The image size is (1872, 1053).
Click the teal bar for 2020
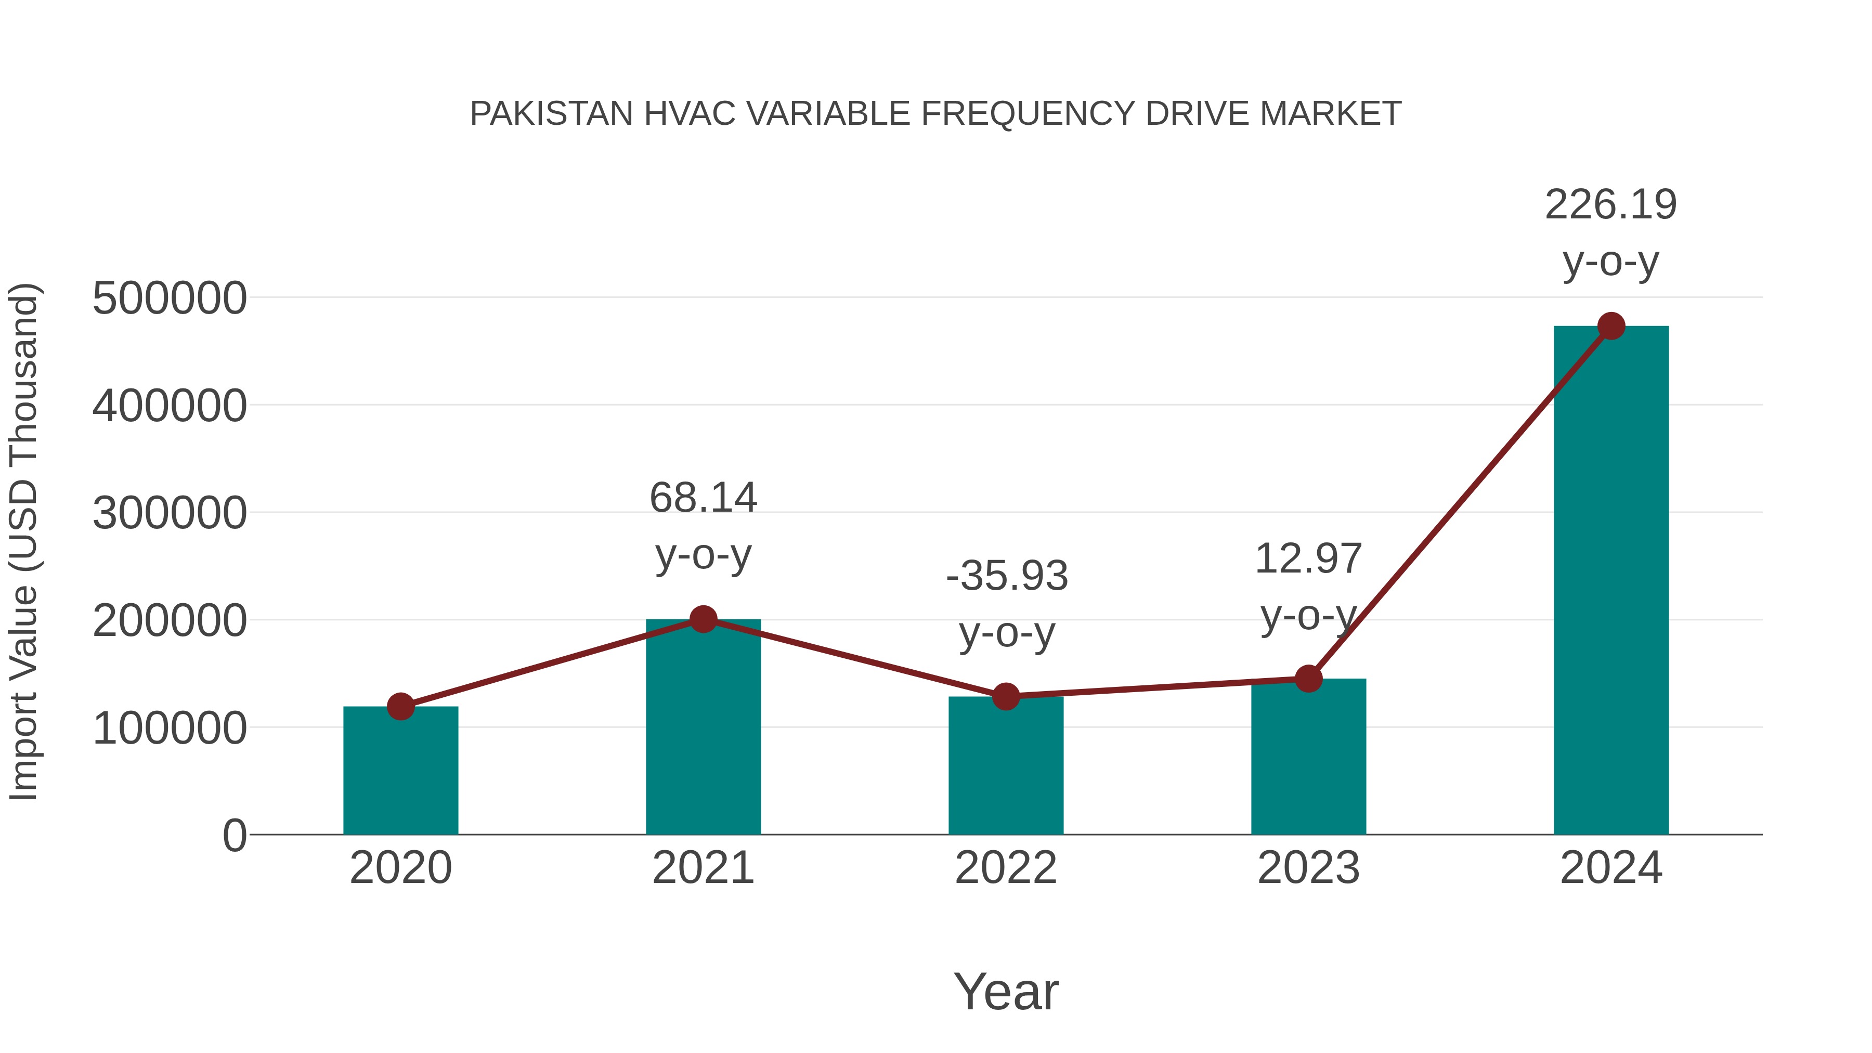(x=400, y=770)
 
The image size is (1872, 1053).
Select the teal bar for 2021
(x=703, y=727)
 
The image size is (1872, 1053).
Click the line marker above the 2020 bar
(x=400, y=706)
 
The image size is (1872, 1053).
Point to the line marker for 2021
(x=703, y=619)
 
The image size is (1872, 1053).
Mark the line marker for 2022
(x=1006, y=697)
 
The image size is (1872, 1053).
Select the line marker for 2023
(x=1308, y=679)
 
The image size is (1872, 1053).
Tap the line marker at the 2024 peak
(x=1611, y=326)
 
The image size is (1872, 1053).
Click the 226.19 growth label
(x=1610, y=205)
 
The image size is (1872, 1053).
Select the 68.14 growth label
(x=703, y=499)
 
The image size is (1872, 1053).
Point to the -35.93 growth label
(x=1007, y=576)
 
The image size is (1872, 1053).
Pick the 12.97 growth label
(x=1308, y=559)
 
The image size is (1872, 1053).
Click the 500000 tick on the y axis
(x=170, y=298)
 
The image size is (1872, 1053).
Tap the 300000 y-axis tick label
(x=170, y=513)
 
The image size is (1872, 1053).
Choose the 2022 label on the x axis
(x=1006, y=868)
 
